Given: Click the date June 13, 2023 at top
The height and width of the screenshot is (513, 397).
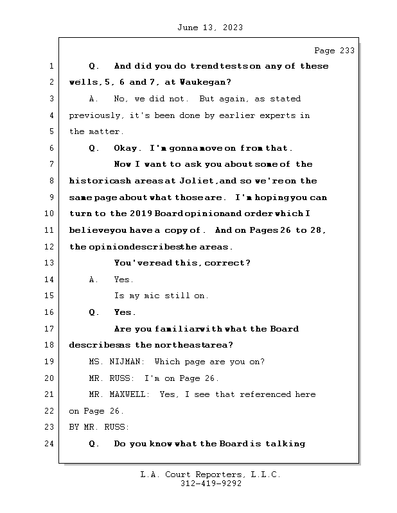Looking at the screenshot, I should [x=209, y=28].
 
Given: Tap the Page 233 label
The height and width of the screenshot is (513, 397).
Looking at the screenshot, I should [x=333, y=51].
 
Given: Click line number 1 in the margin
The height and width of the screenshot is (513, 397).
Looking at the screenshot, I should [x=51, y=66].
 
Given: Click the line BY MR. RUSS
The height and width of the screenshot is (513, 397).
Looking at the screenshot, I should [x=99, y=427].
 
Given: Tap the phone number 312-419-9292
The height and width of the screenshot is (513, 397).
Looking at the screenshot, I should [x=211, y=484].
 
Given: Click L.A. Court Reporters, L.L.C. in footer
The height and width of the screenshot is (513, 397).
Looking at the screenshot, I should [x=211, y=475].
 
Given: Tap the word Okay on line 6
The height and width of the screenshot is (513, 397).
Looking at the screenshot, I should [x=126, y=148].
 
